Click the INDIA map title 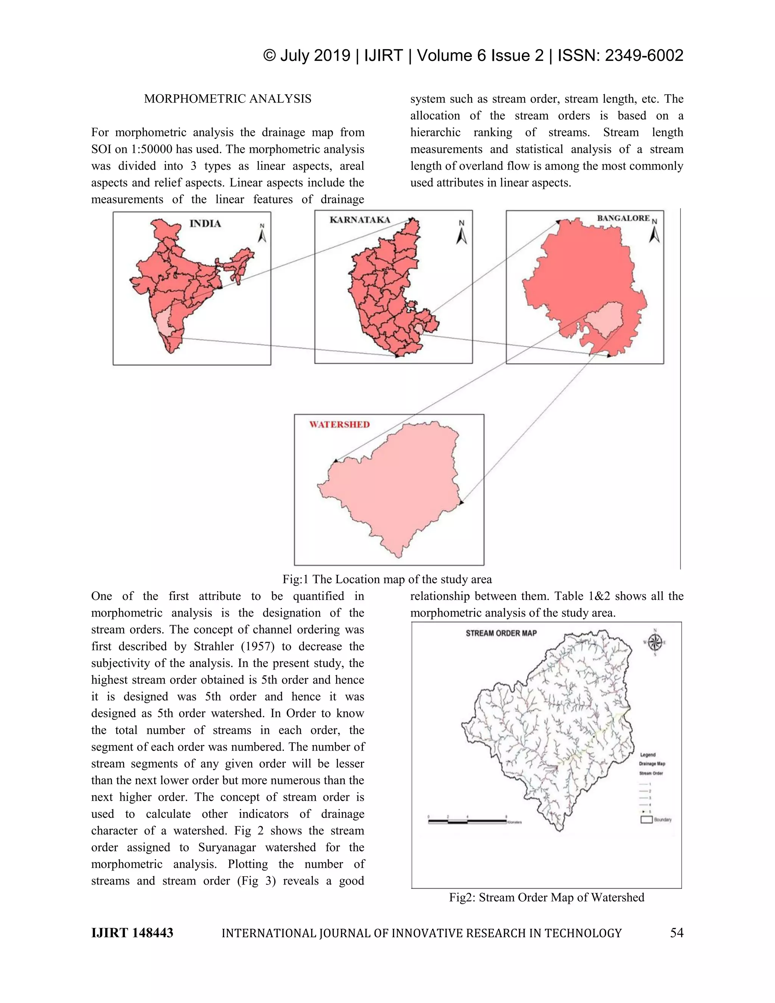click(205, 224)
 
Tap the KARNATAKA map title click(359, 220)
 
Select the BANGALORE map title click(623, 218)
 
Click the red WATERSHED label click(339, 424)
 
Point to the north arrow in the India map click(262, 233)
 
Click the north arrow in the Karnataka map click(461, 233)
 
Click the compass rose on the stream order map click(655, 642)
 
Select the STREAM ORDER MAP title click(501, 633)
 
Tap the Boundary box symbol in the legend click(646, 820)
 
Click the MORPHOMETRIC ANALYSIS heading click(228, 99)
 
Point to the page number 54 click(676, 933)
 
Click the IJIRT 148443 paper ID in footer click(132, 933)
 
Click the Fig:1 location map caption click(387, 579)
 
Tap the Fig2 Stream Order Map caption click(546, 897)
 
